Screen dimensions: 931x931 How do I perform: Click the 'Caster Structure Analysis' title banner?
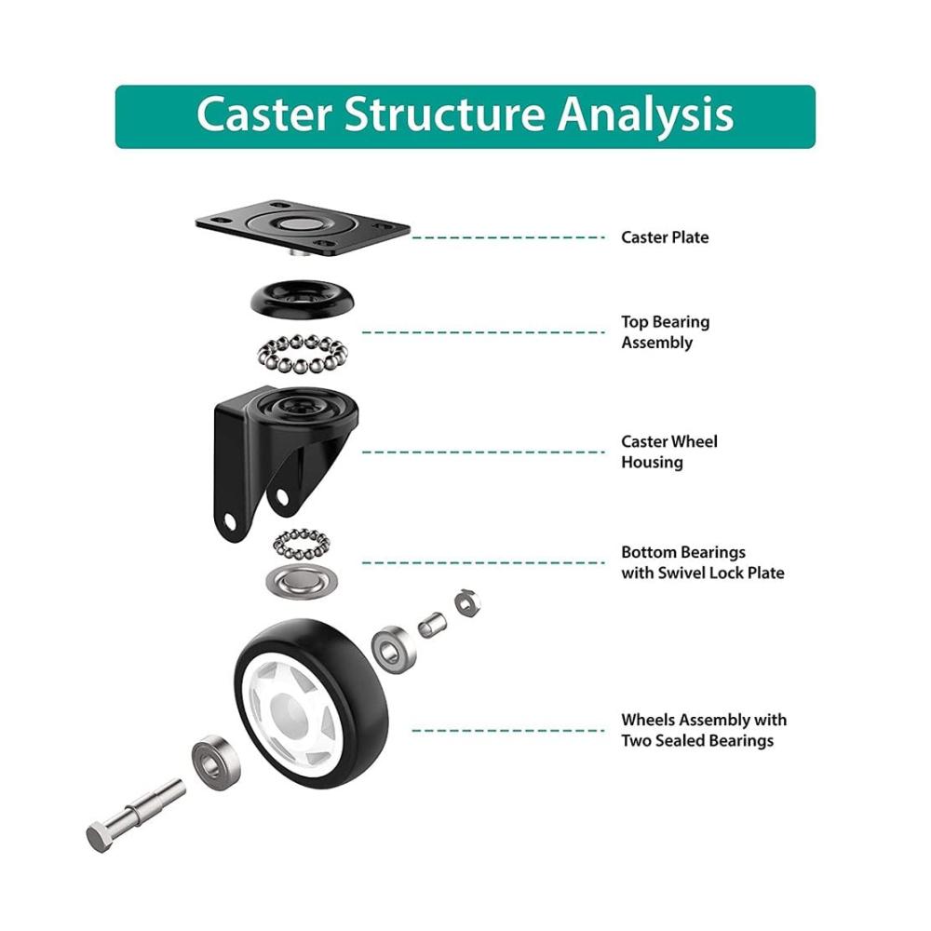[465, 116]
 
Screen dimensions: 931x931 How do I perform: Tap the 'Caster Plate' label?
[665, 237]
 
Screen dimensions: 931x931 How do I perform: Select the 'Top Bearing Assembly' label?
[665, 332]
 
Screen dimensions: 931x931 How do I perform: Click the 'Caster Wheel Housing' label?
[669, 452]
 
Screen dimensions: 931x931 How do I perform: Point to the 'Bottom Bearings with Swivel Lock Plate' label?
[702, 562]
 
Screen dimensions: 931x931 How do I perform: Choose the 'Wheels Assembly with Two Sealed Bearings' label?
[704, 730]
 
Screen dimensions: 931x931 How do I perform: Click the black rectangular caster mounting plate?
[303, 228]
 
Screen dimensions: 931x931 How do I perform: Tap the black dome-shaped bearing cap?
[303, 298]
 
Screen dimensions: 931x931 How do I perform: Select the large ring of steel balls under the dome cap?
[303, 354]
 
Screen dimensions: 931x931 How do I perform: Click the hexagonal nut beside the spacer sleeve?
[468, 603]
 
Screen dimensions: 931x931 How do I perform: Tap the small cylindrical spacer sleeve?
[432, 626]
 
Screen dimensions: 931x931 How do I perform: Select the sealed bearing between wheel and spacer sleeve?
[393, 650]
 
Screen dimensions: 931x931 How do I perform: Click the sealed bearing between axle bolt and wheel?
[216, 762]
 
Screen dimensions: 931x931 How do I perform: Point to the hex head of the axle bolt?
[100, 837]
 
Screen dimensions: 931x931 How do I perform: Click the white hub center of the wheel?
[290, 712]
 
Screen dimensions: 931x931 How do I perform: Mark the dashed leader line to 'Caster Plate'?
[508, 237]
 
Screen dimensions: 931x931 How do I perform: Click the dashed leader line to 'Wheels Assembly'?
[508, 730]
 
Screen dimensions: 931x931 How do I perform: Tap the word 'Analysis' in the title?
[645, 115]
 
